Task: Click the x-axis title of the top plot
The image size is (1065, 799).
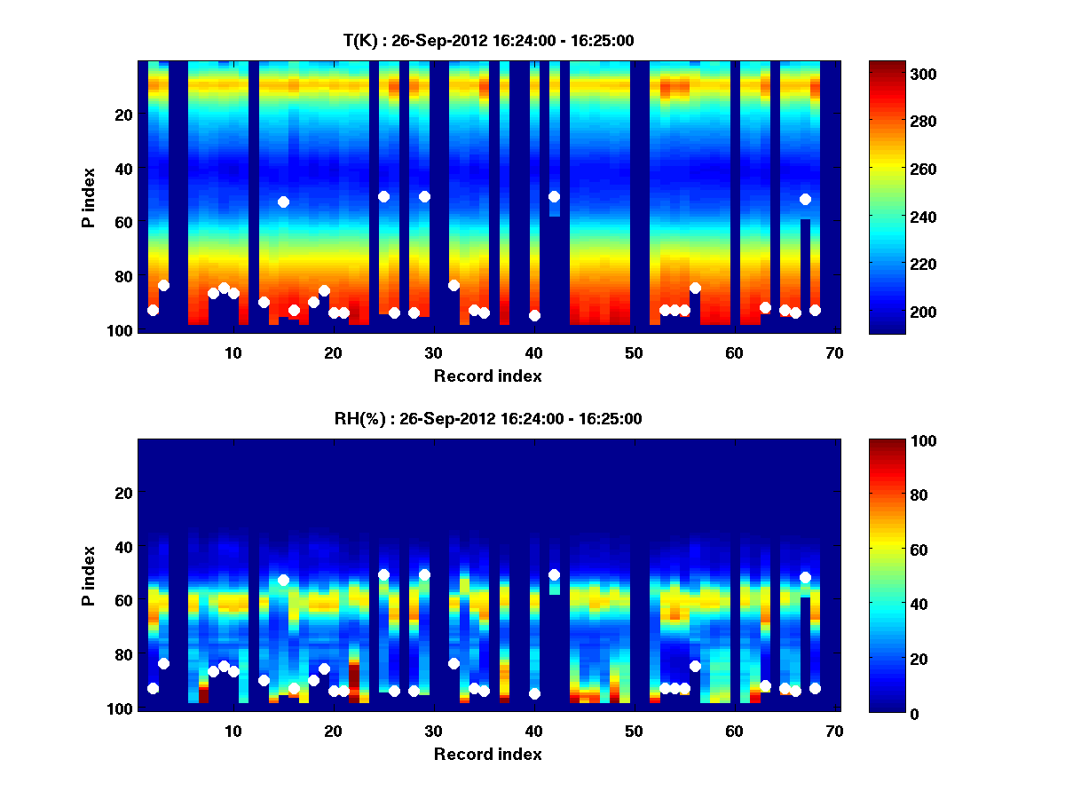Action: point(487,376)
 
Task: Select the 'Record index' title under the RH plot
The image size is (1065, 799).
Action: point(487,755)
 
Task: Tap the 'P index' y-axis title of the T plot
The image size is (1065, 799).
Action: point(89,196)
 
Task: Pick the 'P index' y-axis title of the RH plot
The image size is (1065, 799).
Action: point(89,574)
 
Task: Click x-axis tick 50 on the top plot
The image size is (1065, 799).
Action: point(634,352)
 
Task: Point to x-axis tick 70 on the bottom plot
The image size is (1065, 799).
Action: point(834,731)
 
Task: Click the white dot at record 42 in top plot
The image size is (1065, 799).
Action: point(554,196)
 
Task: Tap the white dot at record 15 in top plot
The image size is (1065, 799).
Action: point(283,202)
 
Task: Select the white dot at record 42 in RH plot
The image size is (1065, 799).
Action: point(554,574)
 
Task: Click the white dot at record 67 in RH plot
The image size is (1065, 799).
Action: point(805,577)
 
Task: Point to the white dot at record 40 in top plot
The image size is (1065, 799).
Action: point(534,315)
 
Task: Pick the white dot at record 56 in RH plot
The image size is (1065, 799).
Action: point(695,666)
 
